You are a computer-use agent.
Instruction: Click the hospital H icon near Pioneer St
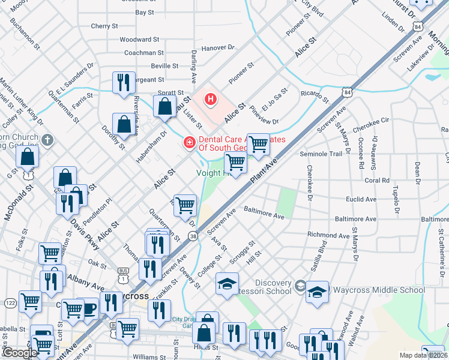[211, 99]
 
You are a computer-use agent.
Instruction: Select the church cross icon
[48, 140]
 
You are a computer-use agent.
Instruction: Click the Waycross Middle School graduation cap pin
[317, 292]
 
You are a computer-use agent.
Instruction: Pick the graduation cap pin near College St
[227, 284]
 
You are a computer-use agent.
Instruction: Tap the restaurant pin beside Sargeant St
[124, 82]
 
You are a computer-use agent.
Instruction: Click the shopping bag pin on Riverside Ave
[124, 125]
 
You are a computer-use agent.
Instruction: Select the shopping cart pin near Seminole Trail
[258, 144]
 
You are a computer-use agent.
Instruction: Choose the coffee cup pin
[89, 309]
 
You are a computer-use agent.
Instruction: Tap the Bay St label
[145, 12]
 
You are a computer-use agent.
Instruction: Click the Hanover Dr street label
[217, 47]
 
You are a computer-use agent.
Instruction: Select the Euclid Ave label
[361, 199]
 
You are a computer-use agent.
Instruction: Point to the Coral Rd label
[376, 180]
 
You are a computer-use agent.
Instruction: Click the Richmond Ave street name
[327, 236]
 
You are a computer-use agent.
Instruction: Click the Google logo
[20, 353]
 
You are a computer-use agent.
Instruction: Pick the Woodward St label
[139, 39]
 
